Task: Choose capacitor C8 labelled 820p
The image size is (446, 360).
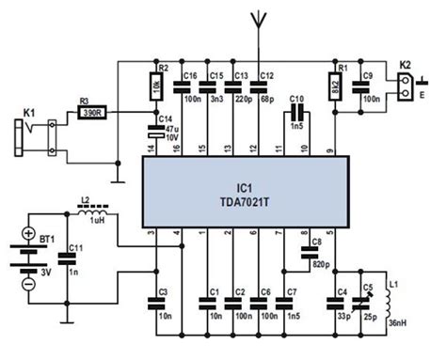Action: pyautogui.click(x=307, y=252)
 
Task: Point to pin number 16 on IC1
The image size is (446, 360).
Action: pyautogui.click(x=179, y=151)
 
